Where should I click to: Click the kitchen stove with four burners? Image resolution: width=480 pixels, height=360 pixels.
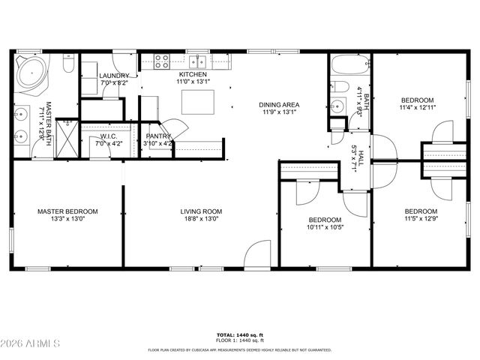(x=161, y=62)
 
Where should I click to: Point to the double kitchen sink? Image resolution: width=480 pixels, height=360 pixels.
(x=198, y=62)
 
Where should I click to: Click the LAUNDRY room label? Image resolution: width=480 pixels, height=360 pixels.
(x=114, y=76)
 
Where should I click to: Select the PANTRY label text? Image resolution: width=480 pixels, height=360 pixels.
(x=158, y=136)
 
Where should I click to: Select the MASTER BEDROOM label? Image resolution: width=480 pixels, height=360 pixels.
(x=67, y=211)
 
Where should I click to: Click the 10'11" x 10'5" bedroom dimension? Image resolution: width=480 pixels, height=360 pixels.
(x=326, y=228)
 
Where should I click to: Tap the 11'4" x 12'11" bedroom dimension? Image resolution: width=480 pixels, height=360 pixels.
(x=417, y=108)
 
